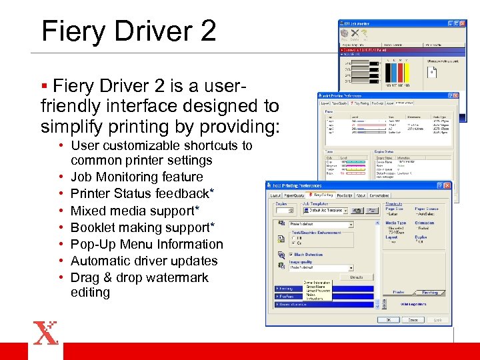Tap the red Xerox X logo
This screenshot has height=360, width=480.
(45, 333)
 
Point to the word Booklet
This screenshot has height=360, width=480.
(93, 227)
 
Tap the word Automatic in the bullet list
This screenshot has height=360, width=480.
(100, 261)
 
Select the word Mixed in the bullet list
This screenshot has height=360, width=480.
(89, 211)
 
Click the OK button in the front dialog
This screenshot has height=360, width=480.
(387, 319)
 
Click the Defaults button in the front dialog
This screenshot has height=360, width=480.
(357, 277)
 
